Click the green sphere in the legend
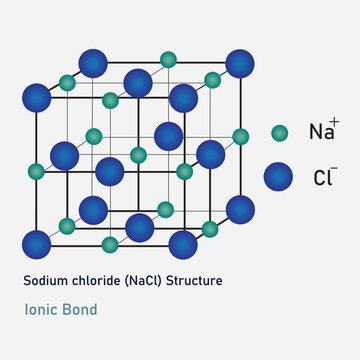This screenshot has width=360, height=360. coord(281,132)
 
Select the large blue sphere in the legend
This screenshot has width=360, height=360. coord(279,177)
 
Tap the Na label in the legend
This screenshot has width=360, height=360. coord(321,132)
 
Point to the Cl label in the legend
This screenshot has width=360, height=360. coord(321,179)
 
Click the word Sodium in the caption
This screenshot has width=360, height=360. coord(44,281)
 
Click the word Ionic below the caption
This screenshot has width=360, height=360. coord(41,309)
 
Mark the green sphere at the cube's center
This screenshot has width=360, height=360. coord(138,155)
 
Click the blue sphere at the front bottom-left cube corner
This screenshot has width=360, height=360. coord(37,243)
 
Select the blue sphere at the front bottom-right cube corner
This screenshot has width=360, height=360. coord(183,243)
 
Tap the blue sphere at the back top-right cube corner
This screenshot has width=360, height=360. coord(240,64)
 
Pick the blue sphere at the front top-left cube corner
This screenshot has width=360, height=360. coord(37,98)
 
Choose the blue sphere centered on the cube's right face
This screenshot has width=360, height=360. coord(211,154)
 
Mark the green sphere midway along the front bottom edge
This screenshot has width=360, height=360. coord(110,244)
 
